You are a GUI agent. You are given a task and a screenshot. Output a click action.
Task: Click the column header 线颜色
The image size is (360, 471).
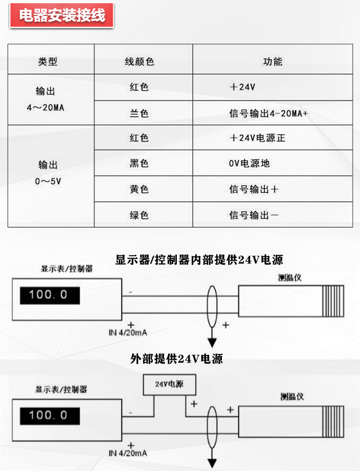139,61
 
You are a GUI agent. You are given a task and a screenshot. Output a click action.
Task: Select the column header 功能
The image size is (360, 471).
273,61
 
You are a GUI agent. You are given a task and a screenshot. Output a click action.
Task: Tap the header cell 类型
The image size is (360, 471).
47,61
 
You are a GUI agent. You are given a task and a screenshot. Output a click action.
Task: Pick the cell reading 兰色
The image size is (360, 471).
139,113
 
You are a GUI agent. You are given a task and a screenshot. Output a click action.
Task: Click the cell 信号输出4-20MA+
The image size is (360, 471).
268,113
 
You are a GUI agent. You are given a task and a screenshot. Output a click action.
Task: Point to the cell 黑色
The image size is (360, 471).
139,163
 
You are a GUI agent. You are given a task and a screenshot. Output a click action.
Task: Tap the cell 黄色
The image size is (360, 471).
139,189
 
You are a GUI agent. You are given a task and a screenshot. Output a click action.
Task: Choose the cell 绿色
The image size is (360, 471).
139,215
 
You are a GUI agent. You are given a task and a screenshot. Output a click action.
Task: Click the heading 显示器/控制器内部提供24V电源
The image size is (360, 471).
199,260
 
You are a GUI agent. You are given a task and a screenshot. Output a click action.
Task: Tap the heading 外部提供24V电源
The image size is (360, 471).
176,358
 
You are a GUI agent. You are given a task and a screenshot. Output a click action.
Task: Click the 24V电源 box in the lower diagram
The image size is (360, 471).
169,384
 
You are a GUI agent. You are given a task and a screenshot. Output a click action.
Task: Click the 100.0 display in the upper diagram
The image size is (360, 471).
50,295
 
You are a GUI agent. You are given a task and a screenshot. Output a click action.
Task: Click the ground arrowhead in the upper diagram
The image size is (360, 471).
212,342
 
